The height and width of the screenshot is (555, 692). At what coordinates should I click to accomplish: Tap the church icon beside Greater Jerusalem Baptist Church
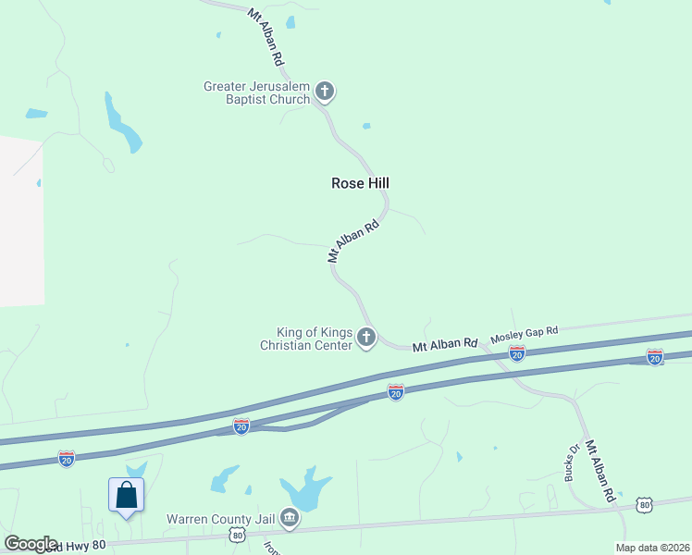(324, 91)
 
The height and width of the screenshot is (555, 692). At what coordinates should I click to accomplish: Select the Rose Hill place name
(360, 183)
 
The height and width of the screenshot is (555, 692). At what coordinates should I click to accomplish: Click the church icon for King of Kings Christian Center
(366, 338)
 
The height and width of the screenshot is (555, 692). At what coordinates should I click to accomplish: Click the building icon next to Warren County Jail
(290, 518)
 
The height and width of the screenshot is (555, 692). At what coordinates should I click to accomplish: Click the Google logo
(31, 544)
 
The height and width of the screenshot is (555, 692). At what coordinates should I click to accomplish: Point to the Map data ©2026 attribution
(652, 548)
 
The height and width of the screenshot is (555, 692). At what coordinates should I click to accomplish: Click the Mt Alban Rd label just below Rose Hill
(354, 241)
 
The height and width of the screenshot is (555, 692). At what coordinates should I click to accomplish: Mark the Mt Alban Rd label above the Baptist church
(266, 36)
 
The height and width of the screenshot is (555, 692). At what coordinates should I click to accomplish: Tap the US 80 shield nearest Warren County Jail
(238, 536)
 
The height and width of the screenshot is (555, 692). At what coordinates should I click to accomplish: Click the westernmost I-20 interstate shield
(67, 458)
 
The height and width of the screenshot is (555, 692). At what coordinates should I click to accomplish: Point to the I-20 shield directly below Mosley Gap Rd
(517, 353)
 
